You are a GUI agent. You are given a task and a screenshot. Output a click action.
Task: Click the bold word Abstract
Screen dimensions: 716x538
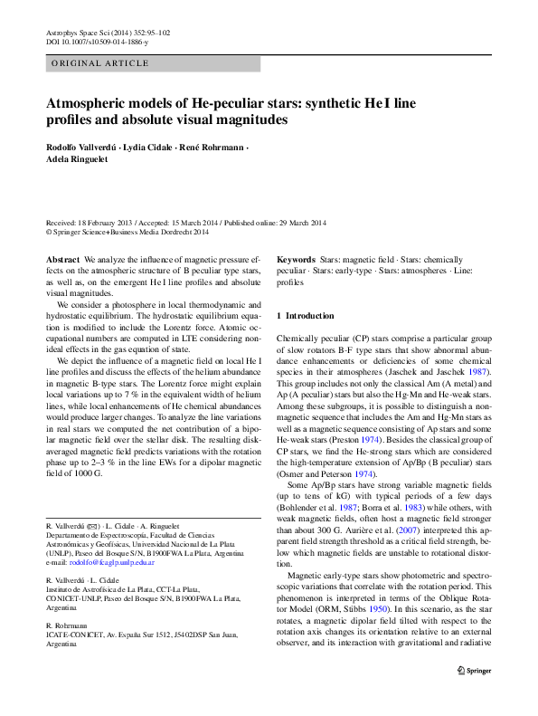point(62,259)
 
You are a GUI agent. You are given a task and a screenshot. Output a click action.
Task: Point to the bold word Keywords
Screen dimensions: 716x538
point(296,259)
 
